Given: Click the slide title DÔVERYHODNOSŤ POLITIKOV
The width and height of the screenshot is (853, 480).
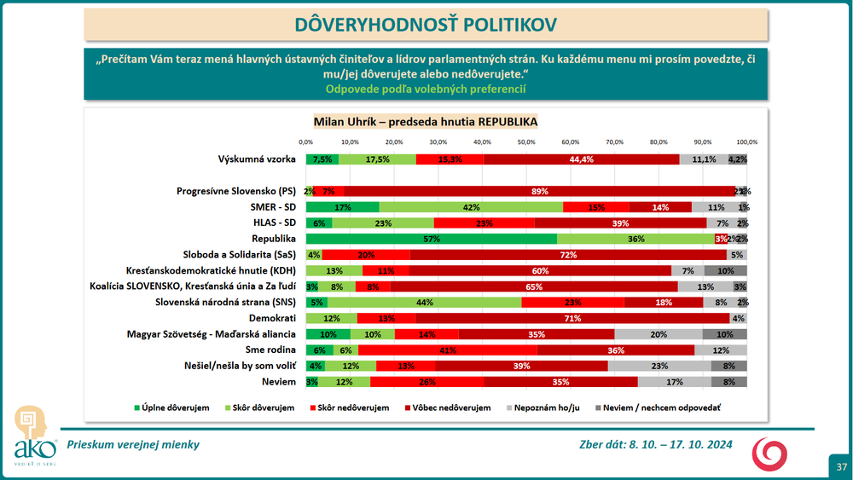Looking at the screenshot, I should (x=426, y=24).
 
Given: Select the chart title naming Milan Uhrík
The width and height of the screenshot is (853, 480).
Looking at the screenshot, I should (x=426, y=121).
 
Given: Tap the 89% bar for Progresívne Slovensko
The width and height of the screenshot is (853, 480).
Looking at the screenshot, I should (x=539, y=191).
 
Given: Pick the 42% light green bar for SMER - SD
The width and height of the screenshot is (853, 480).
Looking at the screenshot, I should (x=471, y=207).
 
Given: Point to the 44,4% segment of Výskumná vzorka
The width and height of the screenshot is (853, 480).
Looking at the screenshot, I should (x=582, y=159).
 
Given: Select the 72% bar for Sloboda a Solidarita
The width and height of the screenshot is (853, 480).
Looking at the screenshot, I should (x=568, y=254).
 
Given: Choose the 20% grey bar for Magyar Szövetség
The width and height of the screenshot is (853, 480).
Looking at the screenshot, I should (x=659, y=333).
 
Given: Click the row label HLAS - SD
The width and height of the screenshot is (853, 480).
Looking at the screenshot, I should (x=271, y=223).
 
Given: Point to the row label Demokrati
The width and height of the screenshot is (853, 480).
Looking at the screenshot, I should (x=274, y=318).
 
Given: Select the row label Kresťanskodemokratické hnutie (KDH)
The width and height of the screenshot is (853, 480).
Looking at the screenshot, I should (x=217, y=270).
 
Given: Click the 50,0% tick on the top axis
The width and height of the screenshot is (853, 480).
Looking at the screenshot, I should (x=526, y=142).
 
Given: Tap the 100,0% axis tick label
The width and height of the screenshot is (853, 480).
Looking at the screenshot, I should (x=746, y=142).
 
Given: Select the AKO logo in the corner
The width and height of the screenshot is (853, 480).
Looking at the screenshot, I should (x=31, y=435).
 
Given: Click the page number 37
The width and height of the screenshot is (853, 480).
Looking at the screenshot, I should (x=841, y=466).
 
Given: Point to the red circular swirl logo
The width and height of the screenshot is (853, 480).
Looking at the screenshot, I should (x=769, y=454).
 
